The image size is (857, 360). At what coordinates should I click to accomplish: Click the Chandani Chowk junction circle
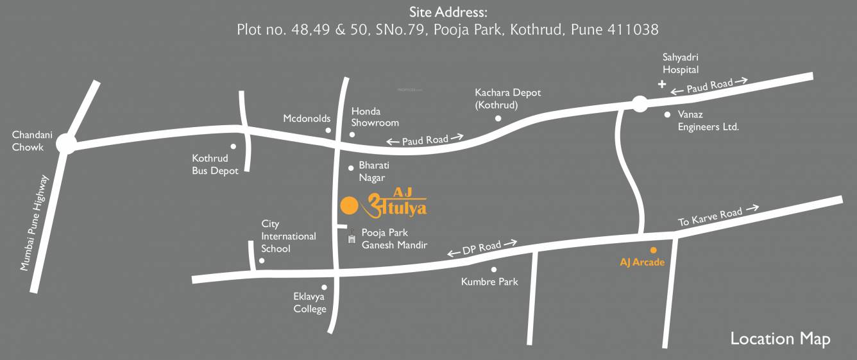pyautogui.click(x=65, y=143)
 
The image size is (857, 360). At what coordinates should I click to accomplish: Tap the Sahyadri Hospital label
pyautogui.click(x=681, y=64)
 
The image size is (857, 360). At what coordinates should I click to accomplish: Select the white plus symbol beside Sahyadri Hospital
pyautogui.click(x=662, y=84)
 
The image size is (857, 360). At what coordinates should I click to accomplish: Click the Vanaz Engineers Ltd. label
pyautogui.click(x=708, y=121)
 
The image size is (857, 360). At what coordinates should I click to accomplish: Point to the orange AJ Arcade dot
pyautogui.click(x=654, y=250)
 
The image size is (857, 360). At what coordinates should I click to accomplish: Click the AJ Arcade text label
pyautogui.click(x=642, y=262)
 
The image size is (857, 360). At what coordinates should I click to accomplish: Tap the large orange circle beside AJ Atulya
pyautogui.click(x=348, y=205)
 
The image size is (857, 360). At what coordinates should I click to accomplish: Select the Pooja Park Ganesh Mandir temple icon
pyautogui.click(x=352, y=239)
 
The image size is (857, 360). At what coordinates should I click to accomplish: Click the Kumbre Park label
pyautogui.click(x=489, y=282)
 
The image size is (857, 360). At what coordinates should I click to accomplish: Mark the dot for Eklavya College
pyautogui.click(x=324, y=287)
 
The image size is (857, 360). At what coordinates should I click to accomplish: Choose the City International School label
pyautogui.click(x=288, y=236)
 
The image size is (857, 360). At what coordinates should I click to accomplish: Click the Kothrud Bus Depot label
pyautogui.click(x=215, y=164)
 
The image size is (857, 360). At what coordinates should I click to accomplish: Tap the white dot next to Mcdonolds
pyautogui.click(x=328, y=130)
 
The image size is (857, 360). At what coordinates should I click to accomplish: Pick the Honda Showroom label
pyautogui.click(x=375, y=117)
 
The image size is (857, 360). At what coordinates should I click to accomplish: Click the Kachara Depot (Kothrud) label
pyautogui.click(x=507, y=99)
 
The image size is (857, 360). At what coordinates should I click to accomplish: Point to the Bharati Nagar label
pyautogui.click(x=375, y=171)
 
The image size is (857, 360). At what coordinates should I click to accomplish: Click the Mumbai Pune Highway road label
pyautogui.click(x=35, y=222)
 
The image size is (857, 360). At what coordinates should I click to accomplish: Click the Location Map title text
pyautogui.click(x=780, y=338)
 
